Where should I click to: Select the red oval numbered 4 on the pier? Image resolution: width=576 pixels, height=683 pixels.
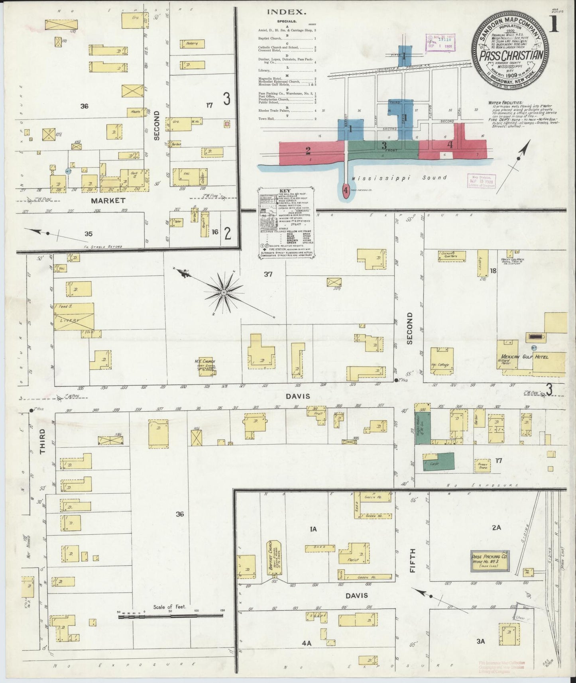pos(346,190)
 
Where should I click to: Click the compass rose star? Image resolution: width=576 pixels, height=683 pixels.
pos(224,293)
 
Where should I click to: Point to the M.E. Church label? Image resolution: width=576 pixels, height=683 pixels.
pos(205,361)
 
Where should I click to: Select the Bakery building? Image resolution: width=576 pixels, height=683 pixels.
pos(192,43)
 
